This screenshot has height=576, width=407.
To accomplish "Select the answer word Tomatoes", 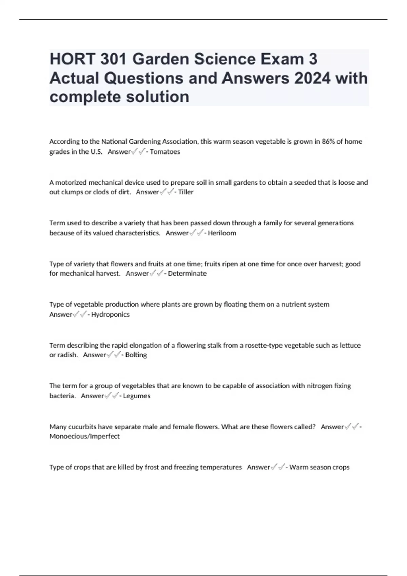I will pyautogui.click(x=165, y=152).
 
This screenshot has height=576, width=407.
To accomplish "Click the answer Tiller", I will pyautogui.click(x=186, y=192).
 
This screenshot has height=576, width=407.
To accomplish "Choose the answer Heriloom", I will pyautogui.click(x=222, y=233).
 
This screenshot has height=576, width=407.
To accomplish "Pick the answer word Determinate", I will pyautogui.click(x=187, y=273).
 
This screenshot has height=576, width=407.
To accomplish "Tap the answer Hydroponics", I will pyautogui.click(x=110, y=314).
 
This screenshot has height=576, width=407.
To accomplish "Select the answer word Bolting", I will pyautogui.click(x=136, y=355).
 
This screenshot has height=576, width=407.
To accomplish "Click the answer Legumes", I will pyautogui.click(x=137, y=396).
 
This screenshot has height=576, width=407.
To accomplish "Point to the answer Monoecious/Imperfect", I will pyautogui.click(x=84, y=436).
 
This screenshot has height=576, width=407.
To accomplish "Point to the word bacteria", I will pyautogui.click(x=62, y=396).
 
